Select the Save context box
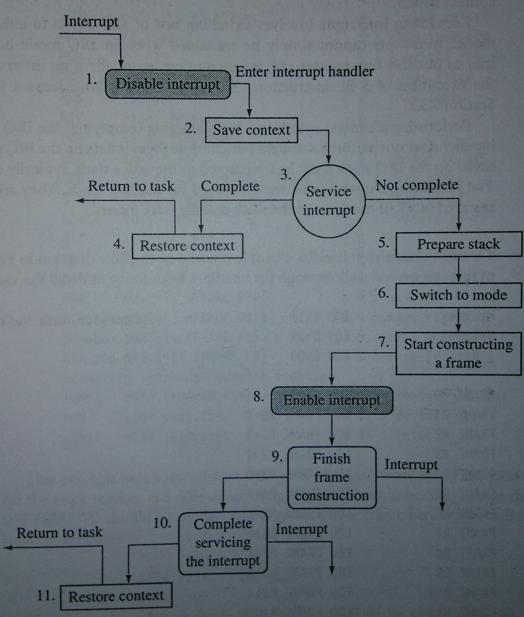[x=251, y=130]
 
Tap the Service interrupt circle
[x=328, y=201]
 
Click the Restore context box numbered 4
[x=187, y=246]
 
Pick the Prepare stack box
[x=458, y=244]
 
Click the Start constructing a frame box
[x=458, y=353]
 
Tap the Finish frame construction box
[x=332, y=477]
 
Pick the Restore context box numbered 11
[x=116, y=596]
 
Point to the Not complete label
[x=417, y=185]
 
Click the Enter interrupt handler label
[x=305, y=72]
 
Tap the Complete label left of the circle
[x=230, y=186]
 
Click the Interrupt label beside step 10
[x=301, y=529]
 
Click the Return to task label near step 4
[x=131, y=186]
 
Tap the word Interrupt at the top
[x=91, y=21]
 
